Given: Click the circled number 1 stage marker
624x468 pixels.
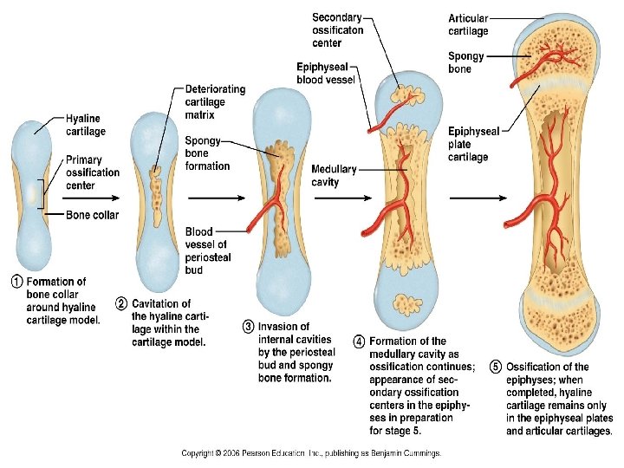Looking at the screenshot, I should pos(16,282).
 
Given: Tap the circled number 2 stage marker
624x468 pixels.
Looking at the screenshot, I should pos(121,303).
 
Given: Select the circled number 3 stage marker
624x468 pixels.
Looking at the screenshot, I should pos(248,327).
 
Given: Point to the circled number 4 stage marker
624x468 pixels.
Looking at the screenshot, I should pos(359,341).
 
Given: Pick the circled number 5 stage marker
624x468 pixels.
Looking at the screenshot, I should pos(496,367).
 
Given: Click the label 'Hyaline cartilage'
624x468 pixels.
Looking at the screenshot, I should pos(85,125).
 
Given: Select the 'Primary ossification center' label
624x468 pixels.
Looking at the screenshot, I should pos(92,172).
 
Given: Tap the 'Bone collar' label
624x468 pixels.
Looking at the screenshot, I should pos(92,215).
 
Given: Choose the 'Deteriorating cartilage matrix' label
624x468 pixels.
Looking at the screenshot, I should pos(215,101).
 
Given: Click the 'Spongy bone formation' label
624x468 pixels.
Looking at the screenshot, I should pos(207,153).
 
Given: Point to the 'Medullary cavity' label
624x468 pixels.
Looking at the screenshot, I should pos(333,175).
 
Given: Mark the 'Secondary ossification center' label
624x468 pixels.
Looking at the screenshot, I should pos(337,30).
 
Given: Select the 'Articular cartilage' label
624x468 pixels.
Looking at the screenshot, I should pos(468,24).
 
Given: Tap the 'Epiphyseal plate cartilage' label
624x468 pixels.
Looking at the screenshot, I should pos(473,144).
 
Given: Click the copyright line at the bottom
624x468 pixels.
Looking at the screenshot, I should pos(311,452).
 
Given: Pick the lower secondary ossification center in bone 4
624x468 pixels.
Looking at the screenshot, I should pos(402,303).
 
